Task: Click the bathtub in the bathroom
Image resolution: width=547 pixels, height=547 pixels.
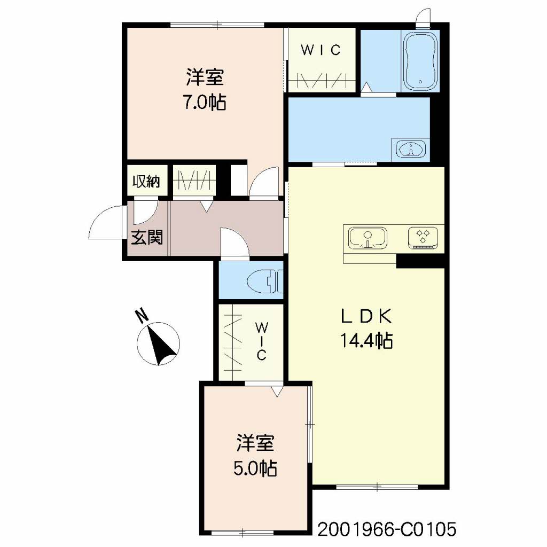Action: [x=420, y=61]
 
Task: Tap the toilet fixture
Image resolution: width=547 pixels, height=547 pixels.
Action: [x=265, y=281]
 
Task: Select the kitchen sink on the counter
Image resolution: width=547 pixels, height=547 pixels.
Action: [x=368, y=238]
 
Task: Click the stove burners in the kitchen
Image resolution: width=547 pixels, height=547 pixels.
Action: [x=423, y=238]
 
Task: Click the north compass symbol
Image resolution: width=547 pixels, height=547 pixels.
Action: [x=158, y=343]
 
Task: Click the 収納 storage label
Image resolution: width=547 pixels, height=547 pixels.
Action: [x=146, y=182]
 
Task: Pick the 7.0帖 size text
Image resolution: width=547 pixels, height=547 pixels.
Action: [x=205, y=103]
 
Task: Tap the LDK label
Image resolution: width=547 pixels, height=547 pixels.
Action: [x=366, y=316]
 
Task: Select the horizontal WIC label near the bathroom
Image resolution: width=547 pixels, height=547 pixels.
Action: [x=321, y=50]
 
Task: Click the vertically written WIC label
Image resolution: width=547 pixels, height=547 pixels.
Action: [x=262, y=341]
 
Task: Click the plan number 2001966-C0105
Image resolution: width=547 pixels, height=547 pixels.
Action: [x=387, y=529]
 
